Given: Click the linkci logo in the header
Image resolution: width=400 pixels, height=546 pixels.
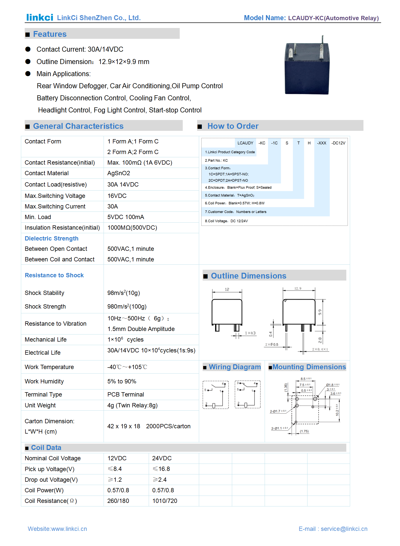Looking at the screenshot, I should click(x=40, y=17).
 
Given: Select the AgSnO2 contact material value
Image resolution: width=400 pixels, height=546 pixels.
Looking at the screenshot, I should click(x=119, y=173).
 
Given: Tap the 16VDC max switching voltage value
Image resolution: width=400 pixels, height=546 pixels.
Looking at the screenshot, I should click(x=117, y=196).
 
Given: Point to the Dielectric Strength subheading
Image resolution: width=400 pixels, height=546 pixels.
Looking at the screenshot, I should click(x=51, y=238).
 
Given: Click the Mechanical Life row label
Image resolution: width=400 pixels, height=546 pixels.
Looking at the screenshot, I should click(x=46, y=340).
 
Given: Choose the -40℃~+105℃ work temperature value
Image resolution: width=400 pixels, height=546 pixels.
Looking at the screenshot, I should click(x=127, y=367).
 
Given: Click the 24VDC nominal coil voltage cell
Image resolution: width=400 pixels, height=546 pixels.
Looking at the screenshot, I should click(x=162, y=458).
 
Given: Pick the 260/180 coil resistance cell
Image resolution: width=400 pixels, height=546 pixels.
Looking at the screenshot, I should click(x=118, y=501).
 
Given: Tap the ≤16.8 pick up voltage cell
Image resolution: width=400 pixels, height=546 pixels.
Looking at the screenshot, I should click(x=161, y=469).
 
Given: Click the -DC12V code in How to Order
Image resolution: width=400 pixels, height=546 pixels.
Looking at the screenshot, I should click(x=338, y=143).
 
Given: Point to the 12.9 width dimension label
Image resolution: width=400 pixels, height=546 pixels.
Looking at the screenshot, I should click(x=298, y=288).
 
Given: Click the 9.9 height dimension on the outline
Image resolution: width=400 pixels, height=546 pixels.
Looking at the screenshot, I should click(x=320, y=312).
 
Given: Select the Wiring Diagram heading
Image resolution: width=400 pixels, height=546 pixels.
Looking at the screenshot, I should click(x=235, y=367).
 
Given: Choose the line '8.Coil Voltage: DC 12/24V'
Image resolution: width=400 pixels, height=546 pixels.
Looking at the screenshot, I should click(x=226, y=221).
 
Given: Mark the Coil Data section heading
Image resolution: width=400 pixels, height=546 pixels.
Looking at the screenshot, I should click(x=46, y=448).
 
